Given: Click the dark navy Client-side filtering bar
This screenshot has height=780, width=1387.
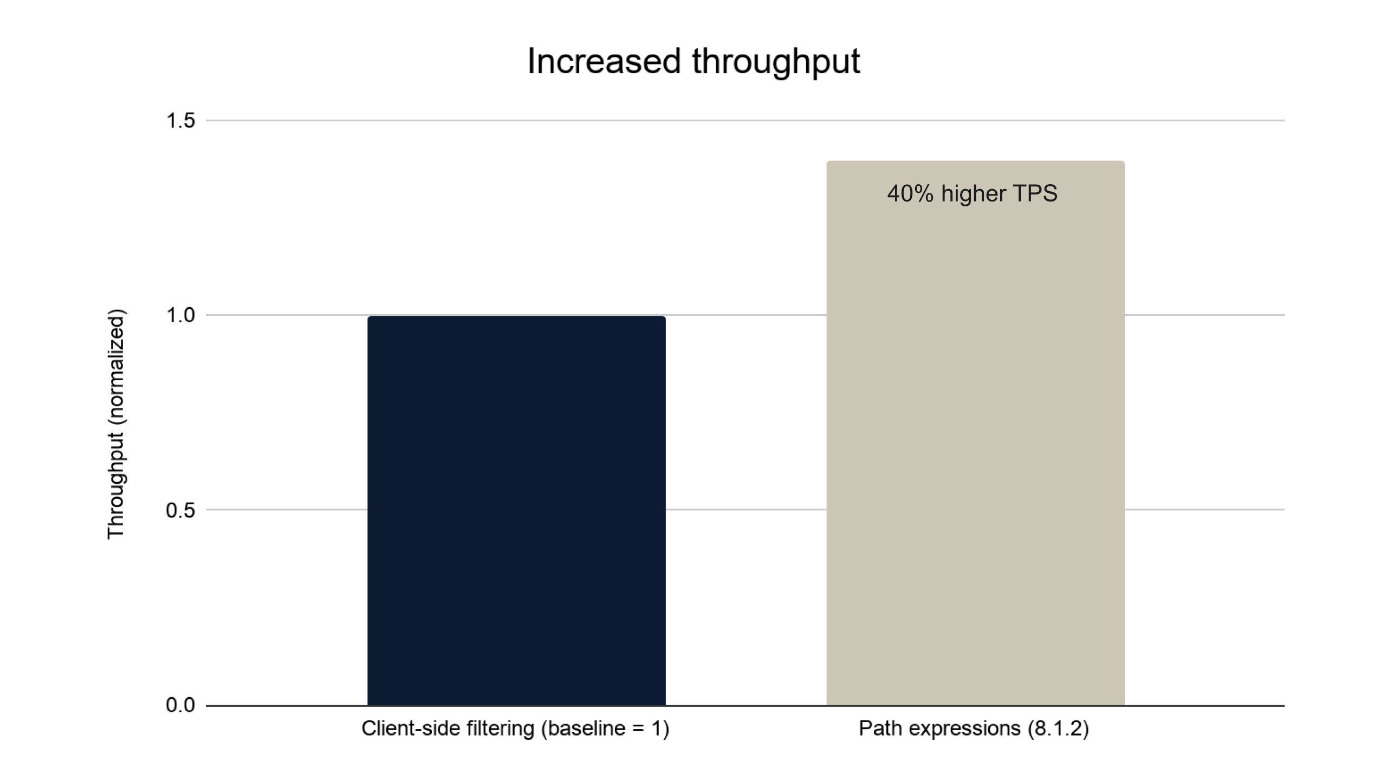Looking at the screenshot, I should coord(516,510).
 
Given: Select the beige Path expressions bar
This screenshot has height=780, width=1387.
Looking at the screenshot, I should coord(975,433).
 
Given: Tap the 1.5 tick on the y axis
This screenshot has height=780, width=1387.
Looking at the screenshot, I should coord(180,120).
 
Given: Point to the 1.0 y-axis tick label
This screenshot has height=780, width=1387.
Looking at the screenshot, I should coord(180,315).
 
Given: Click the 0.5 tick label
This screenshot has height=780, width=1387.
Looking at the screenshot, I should coord(180,510).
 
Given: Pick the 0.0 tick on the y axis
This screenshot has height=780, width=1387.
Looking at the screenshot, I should coord(180,705).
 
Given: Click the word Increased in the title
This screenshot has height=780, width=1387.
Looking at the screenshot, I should coord(604,61).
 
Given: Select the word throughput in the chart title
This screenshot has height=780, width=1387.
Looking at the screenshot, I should coord(776,62).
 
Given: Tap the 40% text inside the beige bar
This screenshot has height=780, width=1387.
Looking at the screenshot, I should coord(910,193).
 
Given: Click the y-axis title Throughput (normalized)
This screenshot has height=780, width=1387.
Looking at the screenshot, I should coord(116,424).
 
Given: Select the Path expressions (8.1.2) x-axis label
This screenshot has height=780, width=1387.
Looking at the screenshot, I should coord(974,729).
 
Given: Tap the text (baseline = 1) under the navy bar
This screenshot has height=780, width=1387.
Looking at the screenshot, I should coord(605,729).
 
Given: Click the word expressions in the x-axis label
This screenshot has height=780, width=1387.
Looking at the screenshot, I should coord(964,729).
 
